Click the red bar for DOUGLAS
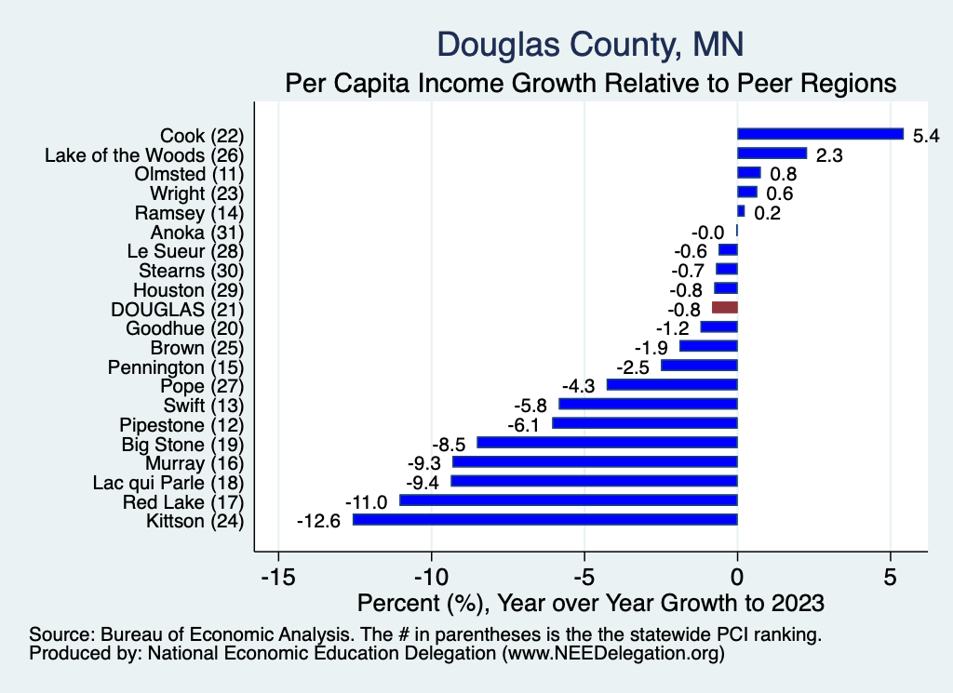tap(724, 307)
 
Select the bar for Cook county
tap(820, 134)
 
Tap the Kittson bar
tap(544, 520)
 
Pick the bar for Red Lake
tap(568, 500)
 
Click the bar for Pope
tap(672, 384)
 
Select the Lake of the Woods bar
tap(772, 153)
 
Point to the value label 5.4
tap(926, 136)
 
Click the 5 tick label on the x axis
tap(891, 577)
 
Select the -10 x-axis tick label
tap(431, 577)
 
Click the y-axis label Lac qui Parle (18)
tap(168, 483)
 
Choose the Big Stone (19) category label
tap(182, 444)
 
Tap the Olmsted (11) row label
tap(189, 174)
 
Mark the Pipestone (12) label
tap(181, 424)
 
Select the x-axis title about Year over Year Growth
tap(590, 603)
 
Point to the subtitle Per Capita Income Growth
tap(590, 83)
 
